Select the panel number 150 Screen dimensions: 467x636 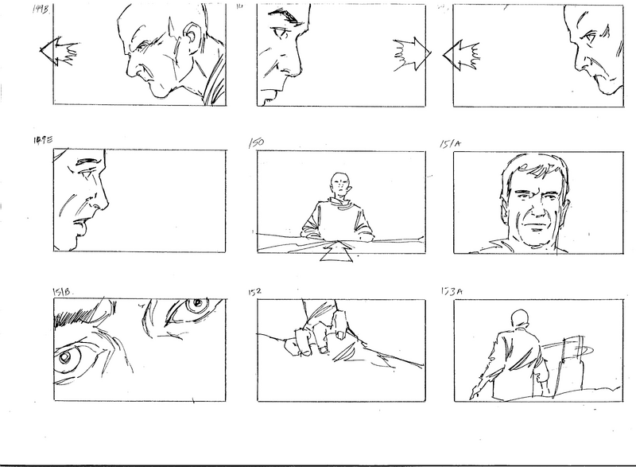click(256, 143)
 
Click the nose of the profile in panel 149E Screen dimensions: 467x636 click(101, 206)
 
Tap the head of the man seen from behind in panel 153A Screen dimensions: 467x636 click(522, 317)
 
